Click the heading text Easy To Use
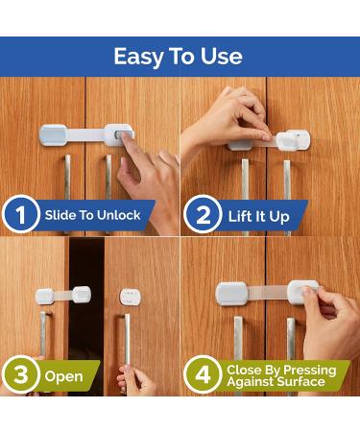point(178,56)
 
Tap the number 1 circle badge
point(20,215)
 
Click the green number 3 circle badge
point(20,375)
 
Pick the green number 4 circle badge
point(202,375)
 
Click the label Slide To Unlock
point(92,215)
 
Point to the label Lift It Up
point(259,216)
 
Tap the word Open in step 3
point(63,376)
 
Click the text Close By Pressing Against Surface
point(280,375)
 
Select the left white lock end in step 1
point(52,133)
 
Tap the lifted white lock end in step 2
point(292,140)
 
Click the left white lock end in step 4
point(232,293)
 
